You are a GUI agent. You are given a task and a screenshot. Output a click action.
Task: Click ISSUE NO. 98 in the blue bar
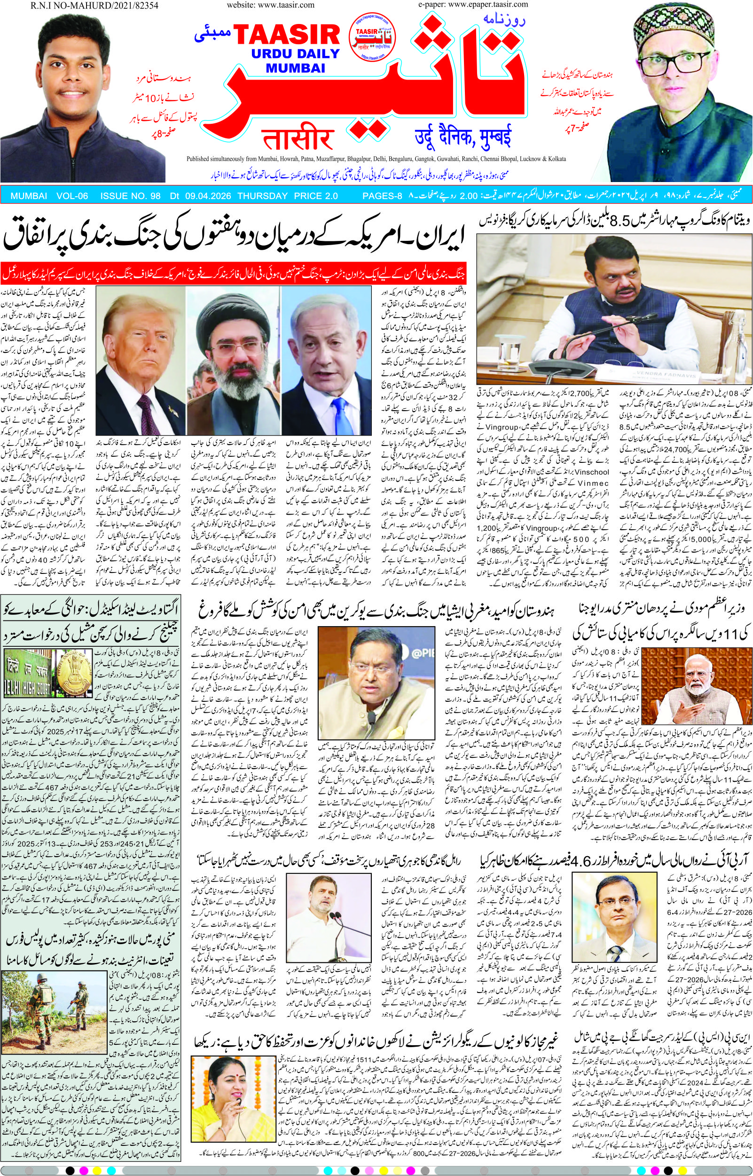click(130, 196)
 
